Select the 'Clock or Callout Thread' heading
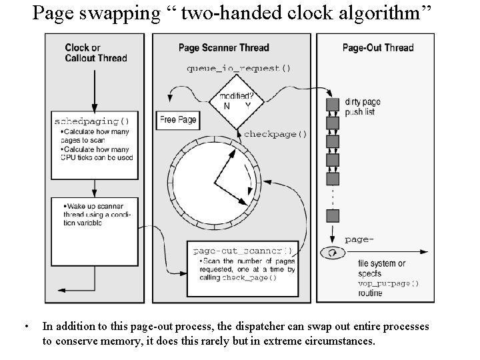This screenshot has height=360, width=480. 96,53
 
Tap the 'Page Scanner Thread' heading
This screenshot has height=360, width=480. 223,47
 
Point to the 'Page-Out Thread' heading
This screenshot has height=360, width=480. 377,47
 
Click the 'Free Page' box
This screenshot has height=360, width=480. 178,120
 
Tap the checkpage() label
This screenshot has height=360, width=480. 275,134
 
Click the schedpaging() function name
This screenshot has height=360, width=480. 91,121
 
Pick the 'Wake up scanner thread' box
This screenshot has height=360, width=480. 93,213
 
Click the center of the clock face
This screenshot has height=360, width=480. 215,181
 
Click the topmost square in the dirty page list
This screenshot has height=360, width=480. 332,104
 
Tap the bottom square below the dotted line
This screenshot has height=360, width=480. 332,215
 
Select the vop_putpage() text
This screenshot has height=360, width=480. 388,283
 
